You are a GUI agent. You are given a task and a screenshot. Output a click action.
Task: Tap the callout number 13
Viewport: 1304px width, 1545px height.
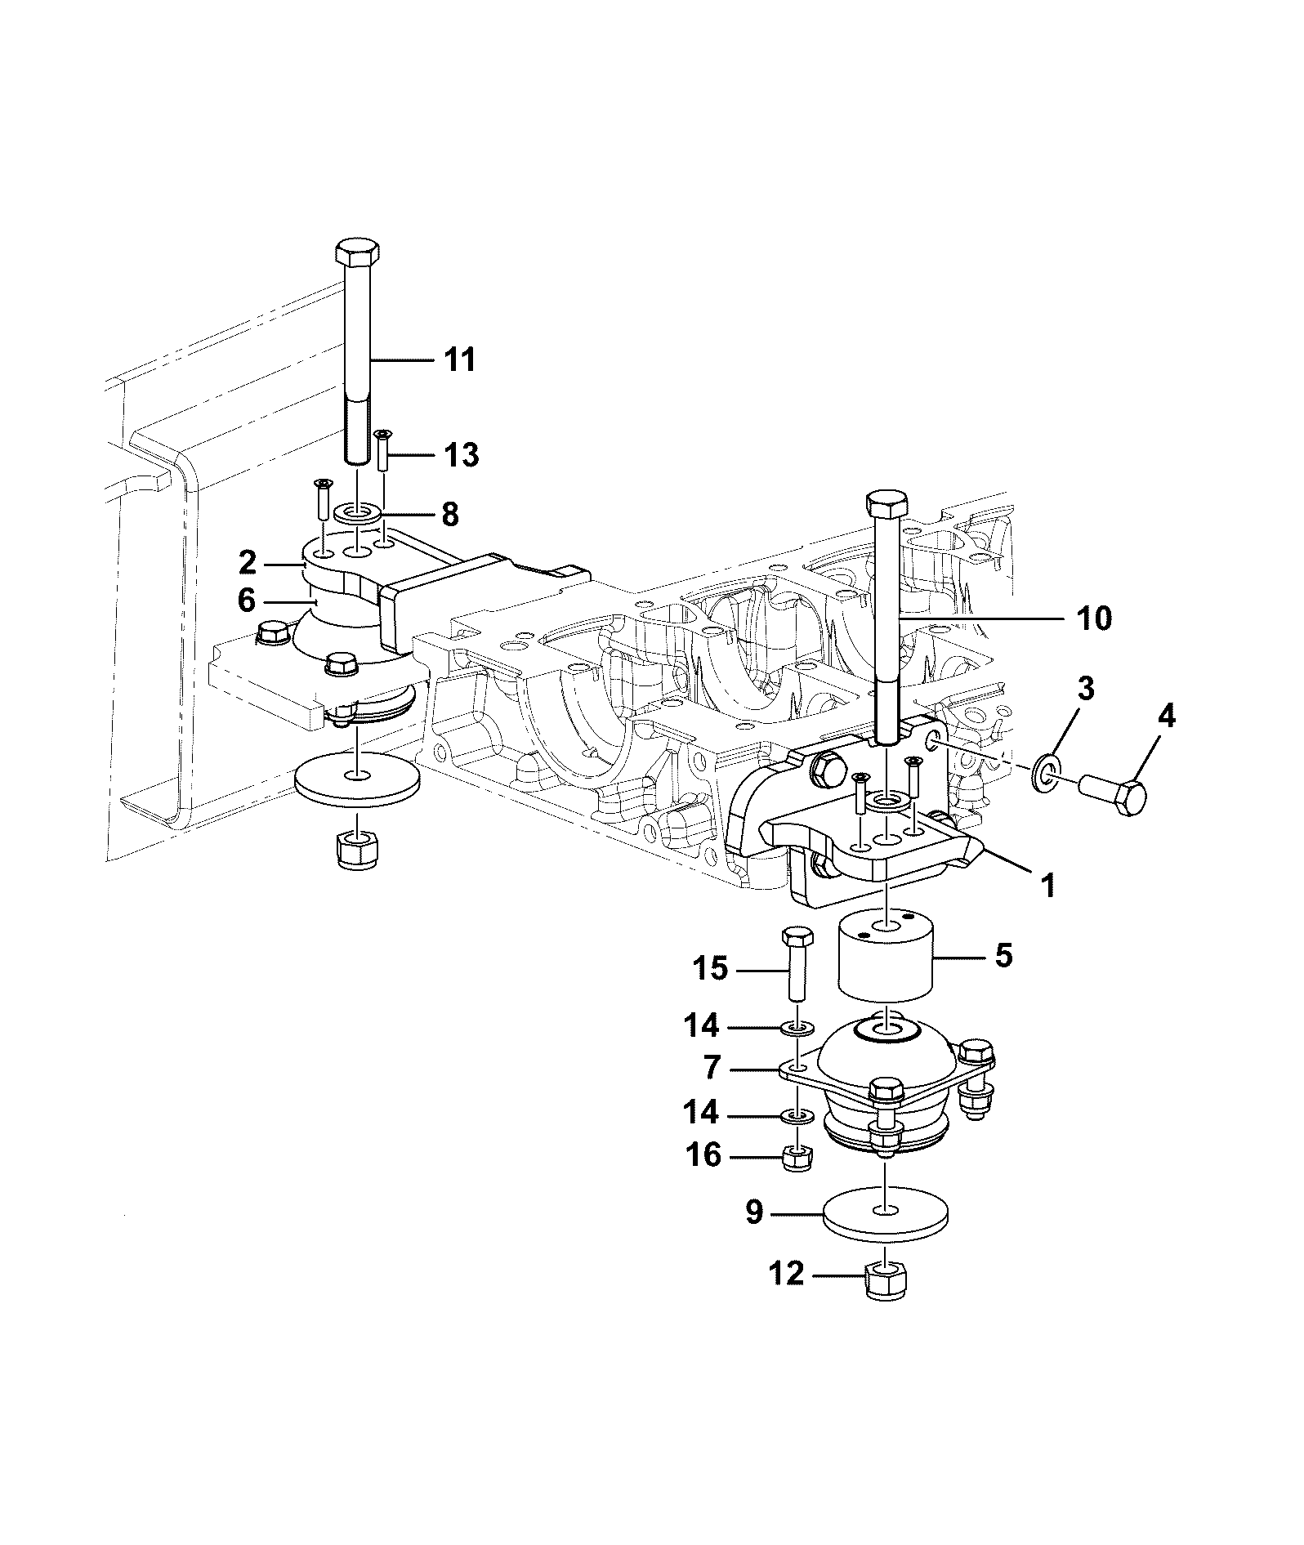[462, 454]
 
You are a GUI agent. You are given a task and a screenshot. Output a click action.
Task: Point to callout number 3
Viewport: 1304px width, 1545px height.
[1084, 689]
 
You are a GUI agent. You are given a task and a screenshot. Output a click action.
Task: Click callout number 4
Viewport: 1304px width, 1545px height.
[1166, 717]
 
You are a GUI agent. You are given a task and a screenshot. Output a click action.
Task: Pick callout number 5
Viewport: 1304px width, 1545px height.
[1003, 954]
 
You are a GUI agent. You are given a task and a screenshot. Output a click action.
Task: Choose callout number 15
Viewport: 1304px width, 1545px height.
[710, 968]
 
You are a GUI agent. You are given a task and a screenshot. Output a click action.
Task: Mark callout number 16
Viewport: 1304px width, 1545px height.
[703, 1155]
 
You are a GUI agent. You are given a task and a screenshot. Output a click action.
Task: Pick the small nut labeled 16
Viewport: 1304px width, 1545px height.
[795, 1157]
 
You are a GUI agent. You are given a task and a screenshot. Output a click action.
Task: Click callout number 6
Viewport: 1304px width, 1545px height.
[247, 601]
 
